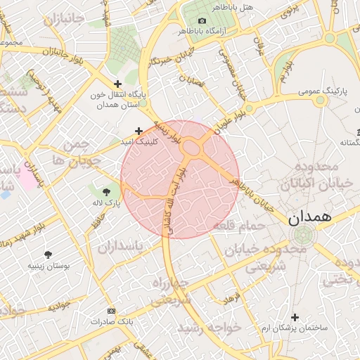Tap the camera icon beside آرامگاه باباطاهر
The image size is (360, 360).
click(202, 21)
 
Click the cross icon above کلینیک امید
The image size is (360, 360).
click(139, 131)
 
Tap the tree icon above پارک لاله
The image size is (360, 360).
click(106, 191)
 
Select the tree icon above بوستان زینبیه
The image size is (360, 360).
click(48, 255)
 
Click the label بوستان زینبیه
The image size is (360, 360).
click(48, 266)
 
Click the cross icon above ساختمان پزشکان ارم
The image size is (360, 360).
click(295, 318)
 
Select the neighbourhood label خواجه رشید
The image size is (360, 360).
click(209, 328)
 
